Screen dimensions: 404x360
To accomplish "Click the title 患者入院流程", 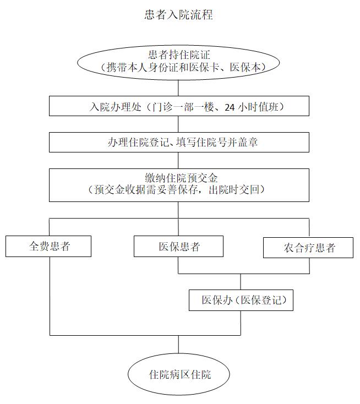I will tap(178, 15).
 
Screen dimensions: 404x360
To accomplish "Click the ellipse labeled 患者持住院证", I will tap(178, 61).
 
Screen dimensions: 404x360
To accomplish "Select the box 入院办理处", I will tap(178, 107).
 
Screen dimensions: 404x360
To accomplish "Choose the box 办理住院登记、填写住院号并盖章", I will tap(178, 142).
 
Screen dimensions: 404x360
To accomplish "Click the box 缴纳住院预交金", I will tap(178, 184).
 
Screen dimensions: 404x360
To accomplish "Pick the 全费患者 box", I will tap(49, 246).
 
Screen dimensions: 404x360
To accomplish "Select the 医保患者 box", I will tap(178, 246).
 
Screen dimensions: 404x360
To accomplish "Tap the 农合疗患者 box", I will tap(309, 247).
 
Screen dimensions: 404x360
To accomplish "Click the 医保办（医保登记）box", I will tap(240, 301).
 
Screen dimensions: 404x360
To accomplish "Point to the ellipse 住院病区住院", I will tap(178, 375).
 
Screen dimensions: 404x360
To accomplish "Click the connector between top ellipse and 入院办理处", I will tap(178, 88).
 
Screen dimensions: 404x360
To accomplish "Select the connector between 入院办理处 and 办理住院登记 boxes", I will tap(178, 124).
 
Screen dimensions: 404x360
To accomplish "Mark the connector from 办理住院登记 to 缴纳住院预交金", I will tap(178, 160).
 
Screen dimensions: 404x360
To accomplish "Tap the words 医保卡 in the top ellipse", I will tap(217, 67).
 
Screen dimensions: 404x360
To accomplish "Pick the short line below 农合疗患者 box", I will tap(309, 265).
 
